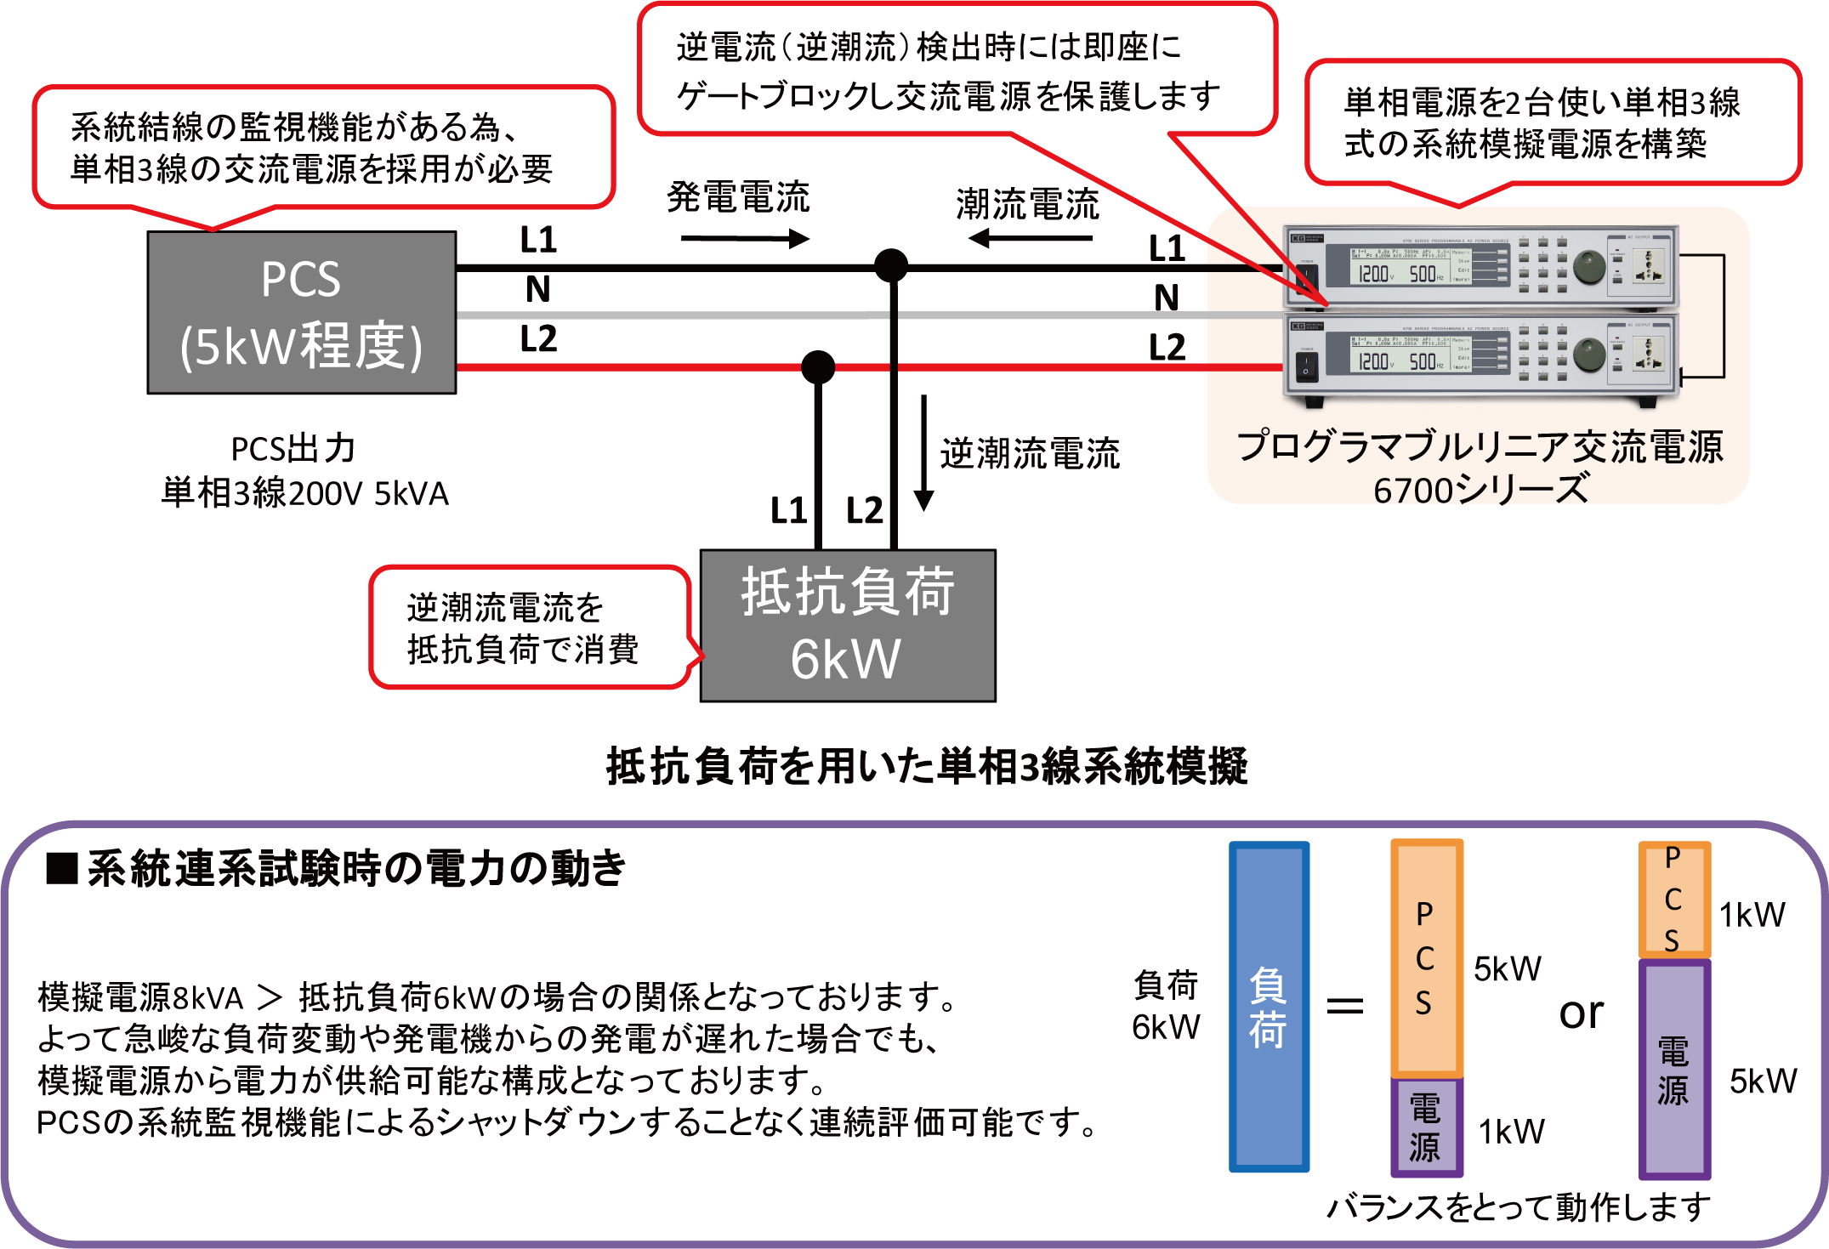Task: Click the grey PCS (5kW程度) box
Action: click(301, 313)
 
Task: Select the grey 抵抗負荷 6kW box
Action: click(847, 626)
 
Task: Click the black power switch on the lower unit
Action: click(1306, 366)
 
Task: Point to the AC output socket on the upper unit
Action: click(1649, 267)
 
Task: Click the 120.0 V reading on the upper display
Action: click(1374, 274)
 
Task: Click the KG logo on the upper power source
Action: click(1298, 239)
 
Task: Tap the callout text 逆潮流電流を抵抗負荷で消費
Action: click(522, 629)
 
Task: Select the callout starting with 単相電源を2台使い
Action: click(1541, 123)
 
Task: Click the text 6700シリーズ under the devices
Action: click(1480, 490)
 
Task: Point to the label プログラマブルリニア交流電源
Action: click(1480, 446)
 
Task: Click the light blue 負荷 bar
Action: click(1268, 1007)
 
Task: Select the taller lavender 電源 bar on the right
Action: click(1673, 1070)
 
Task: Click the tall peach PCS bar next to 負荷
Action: click(1425, 957)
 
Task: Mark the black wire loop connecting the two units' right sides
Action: click(1724, 315)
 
